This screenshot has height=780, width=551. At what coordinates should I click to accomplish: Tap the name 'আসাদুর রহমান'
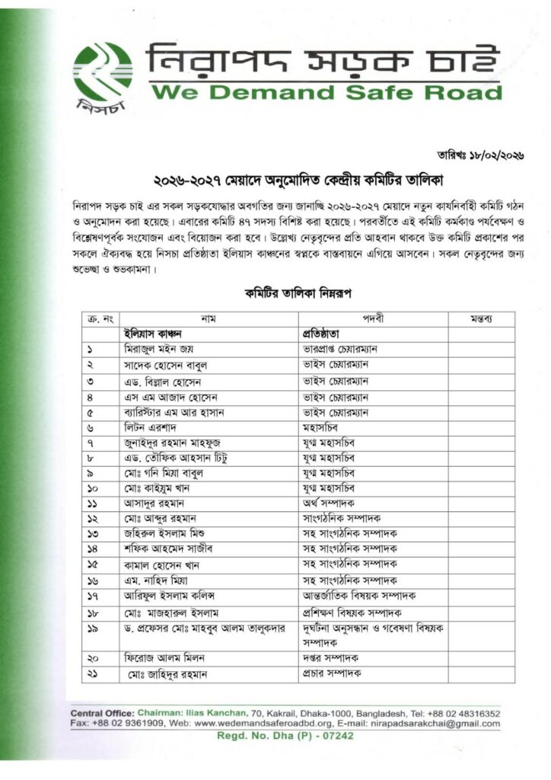point(155,503)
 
